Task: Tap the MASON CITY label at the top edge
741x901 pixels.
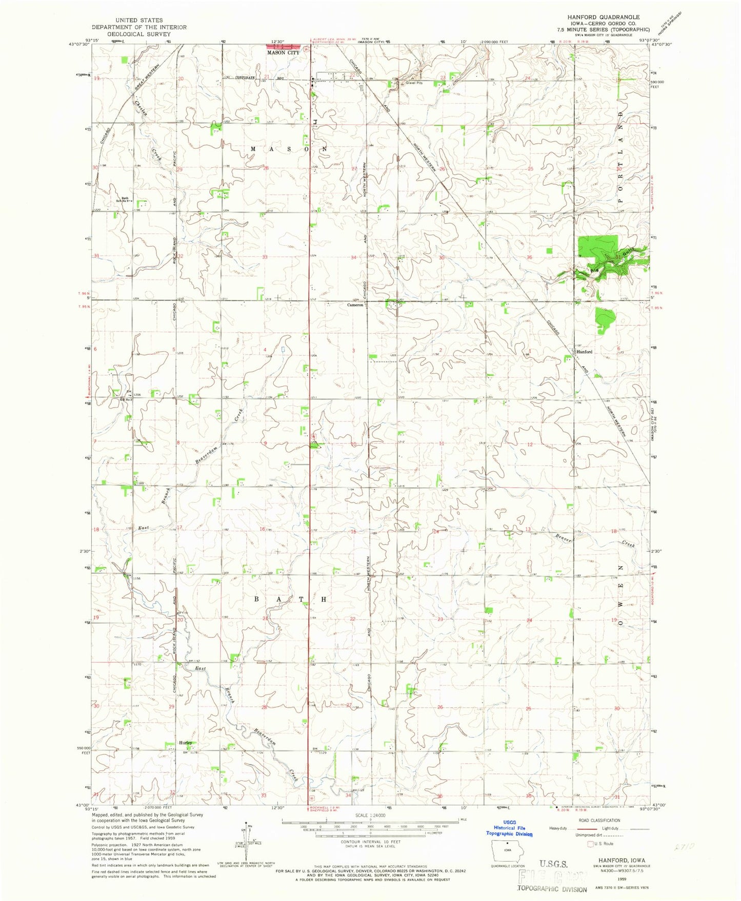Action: [x=283, y=53]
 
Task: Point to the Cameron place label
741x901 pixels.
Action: [x=355, y=305]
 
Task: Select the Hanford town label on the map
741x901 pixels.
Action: [x=584, y=352]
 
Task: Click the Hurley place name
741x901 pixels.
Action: [x=185, y=743]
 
